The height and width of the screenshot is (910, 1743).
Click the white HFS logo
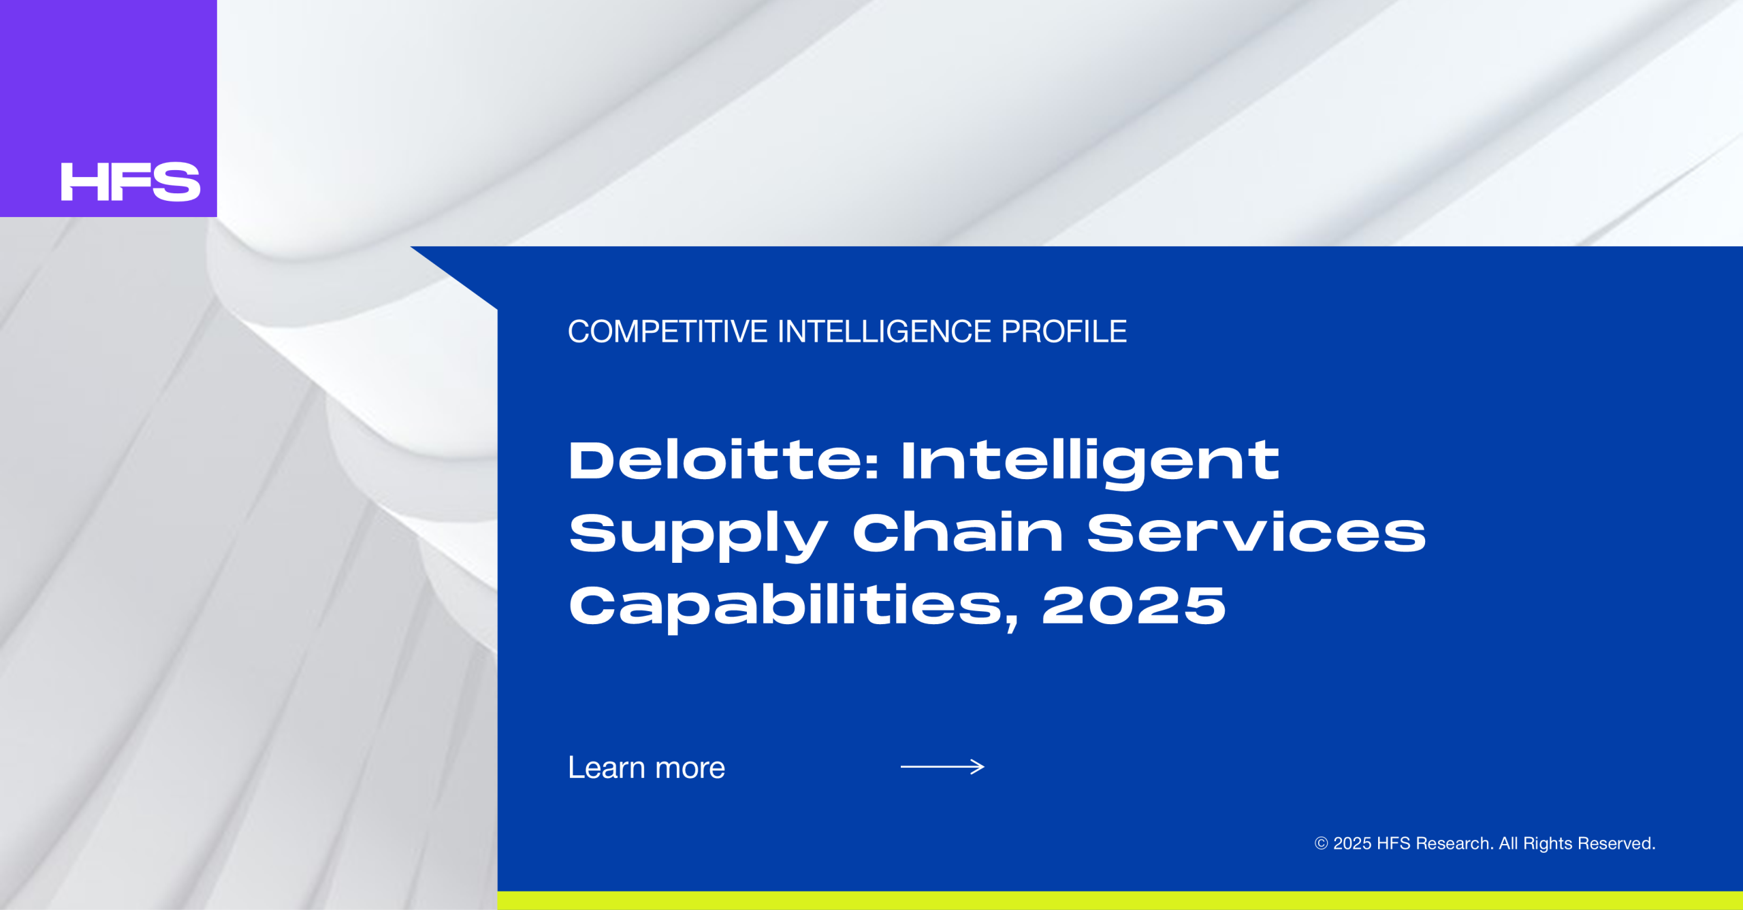tap(130, 182)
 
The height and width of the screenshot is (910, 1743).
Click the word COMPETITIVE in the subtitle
tap(668, 332)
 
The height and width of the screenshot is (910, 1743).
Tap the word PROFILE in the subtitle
tap(1064, 332)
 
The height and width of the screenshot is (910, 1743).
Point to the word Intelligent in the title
tap(1091, 464)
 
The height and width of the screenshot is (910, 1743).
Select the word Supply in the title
tap(698, 536)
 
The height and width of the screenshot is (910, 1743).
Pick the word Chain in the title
tap(958, 532)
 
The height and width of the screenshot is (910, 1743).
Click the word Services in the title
tap(1256, 532)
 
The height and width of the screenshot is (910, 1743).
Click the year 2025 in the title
tap(1134, 605)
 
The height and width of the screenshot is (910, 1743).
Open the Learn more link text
tap(647, 768)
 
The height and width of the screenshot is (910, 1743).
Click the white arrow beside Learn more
tap(942, 767)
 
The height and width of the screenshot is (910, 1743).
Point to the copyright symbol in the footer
tap(1321, 843)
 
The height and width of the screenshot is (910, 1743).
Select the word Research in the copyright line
tap(1454, 843)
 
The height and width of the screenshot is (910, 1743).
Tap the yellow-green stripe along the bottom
tap(1120, 900)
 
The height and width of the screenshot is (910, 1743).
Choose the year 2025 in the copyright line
tap(1352, 843)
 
